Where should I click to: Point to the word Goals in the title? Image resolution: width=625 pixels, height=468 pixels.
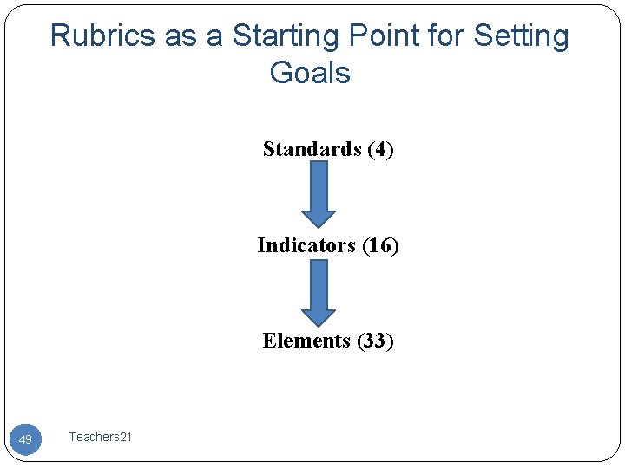click(310, 73)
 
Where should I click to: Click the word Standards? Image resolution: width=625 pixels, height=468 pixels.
click(312, 149)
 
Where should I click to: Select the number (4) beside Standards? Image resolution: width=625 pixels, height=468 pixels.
click(380, 149)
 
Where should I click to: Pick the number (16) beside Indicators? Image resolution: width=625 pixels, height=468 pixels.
click(380, 245)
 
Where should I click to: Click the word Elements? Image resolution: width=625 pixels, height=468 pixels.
click(307, 341)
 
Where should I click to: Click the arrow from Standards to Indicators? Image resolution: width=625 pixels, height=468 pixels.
click(319, 192)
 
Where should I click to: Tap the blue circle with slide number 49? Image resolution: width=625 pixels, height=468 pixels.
click(25, 439)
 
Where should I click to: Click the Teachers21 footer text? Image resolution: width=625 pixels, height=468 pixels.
click(101, 438)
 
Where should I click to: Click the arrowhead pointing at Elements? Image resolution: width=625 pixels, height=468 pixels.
click(319, 315)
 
